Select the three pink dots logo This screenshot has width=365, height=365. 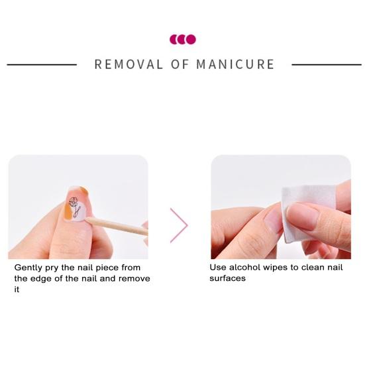click(x=183, y=40)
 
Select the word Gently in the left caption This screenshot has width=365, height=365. click(x=28, y=268)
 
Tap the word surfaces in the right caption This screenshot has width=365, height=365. click(x=227, y=278)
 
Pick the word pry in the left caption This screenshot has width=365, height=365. click(x=54, y=268)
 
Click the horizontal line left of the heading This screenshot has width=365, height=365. click(x=42, y=65)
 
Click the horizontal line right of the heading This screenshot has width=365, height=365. click(x=326, y=65)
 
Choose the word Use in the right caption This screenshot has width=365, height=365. click(x=219, y=268)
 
